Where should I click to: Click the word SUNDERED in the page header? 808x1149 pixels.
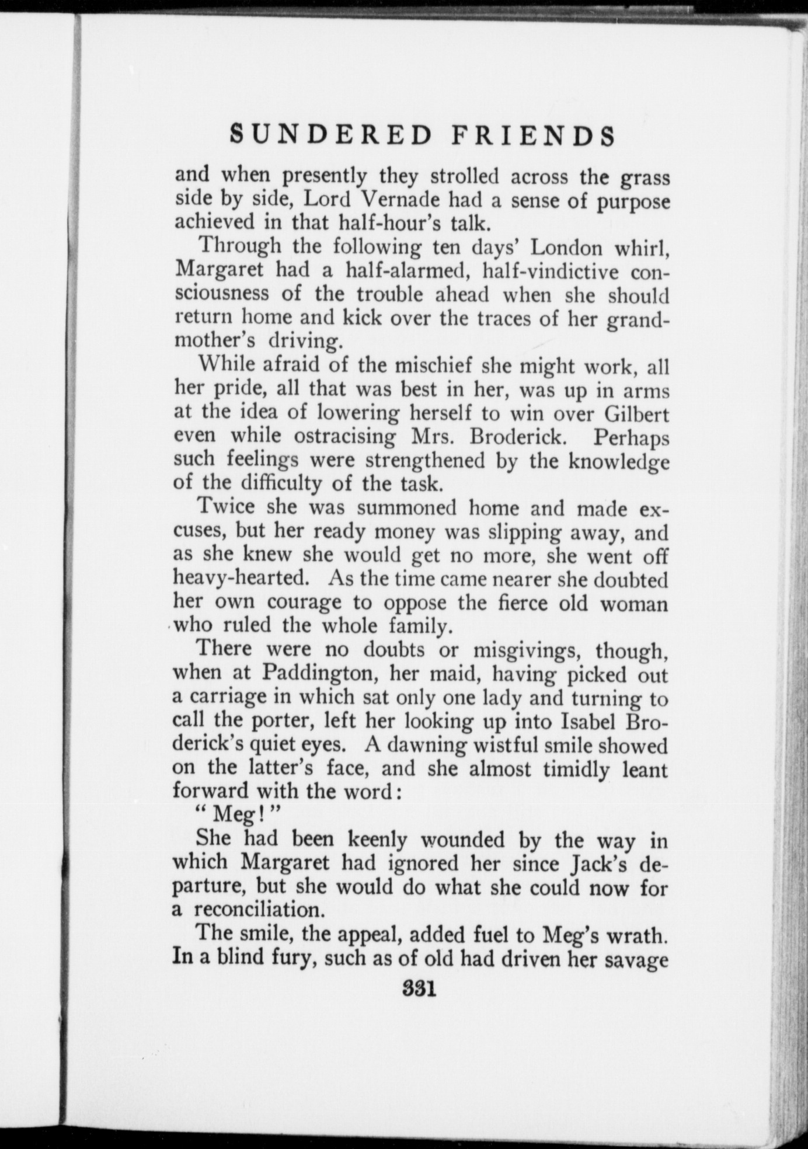[331, 135]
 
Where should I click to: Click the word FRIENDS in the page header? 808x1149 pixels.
[533, 135]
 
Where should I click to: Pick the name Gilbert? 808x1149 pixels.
[636, 413]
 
